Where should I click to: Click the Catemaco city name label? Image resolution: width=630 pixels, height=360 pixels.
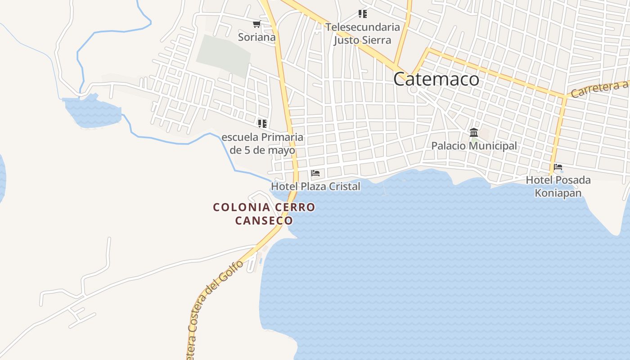[436, 79]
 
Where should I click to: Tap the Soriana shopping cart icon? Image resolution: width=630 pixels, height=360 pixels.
[256, 24]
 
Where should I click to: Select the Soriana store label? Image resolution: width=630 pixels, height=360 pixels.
[256, 37]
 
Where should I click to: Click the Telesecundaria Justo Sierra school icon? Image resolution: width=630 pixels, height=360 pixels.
[363, 14]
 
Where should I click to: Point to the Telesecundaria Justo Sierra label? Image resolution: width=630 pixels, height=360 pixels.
[363, 33]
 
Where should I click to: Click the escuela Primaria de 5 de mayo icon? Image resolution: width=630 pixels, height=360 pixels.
[262, 123]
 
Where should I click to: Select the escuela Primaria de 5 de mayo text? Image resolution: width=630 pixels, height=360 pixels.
[262, 144]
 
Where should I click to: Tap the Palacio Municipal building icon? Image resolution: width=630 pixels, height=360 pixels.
[474, 132]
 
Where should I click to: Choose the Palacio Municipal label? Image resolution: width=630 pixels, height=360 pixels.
[474, 146]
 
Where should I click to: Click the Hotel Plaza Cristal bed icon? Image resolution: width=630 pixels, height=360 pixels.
[315, 173]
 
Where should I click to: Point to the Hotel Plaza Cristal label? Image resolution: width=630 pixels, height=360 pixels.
[315, 186]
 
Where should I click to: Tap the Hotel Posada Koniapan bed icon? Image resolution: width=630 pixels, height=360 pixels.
[558, 167]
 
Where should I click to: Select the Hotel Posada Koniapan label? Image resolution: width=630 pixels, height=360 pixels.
[558, 186]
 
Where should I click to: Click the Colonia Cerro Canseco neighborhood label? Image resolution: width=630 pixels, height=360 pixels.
[264, 214]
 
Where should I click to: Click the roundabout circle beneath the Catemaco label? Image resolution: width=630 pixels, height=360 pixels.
[413, 90]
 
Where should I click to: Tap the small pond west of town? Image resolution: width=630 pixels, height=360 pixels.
[92, 112]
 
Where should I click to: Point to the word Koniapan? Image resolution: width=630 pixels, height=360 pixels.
[558, 193]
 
